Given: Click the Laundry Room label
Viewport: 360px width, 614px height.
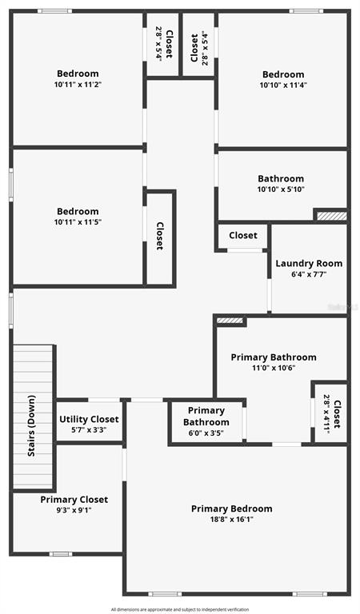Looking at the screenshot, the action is [309, 264].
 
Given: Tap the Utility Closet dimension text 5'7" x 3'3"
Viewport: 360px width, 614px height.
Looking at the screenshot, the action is [89, 429].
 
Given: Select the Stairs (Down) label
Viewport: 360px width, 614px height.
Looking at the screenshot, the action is [31, 425].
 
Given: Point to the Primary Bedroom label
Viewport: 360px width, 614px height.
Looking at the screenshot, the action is [231, 508].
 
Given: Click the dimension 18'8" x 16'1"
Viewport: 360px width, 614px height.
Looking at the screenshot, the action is [231, 520].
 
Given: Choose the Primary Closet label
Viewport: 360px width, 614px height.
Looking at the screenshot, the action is [74, 500].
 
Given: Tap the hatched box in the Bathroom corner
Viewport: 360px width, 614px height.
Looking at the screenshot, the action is [331, 216].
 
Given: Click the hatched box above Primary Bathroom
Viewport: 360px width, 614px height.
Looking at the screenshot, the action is [230, 321].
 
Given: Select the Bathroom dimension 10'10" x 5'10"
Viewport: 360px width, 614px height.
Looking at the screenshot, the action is [281, 189].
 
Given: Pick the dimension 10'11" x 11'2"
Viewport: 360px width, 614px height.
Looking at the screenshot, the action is [78, 84].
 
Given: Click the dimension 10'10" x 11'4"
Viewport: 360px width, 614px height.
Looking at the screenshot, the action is [283, 85].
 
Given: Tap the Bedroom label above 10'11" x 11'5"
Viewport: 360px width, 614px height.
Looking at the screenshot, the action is [78, 211].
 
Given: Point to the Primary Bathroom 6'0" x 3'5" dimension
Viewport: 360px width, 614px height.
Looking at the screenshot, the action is [206, 433].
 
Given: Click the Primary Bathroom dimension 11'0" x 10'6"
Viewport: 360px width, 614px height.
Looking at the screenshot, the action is [274, 368].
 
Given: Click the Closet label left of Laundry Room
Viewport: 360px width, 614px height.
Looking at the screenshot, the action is [243, 235].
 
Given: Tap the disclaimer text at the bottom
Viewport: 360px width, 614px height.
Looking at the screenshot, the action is [180, 609].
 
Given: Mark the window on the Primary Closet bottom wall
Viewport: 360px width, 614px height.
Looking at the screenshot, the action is [61, 554].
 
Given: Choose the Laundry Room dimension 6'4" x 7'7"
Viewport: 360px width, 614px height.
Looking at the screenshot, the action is [309, 274].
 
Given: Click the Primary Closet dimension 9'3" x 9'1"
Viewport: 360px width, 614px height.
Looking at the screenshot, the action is [74, 510].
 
